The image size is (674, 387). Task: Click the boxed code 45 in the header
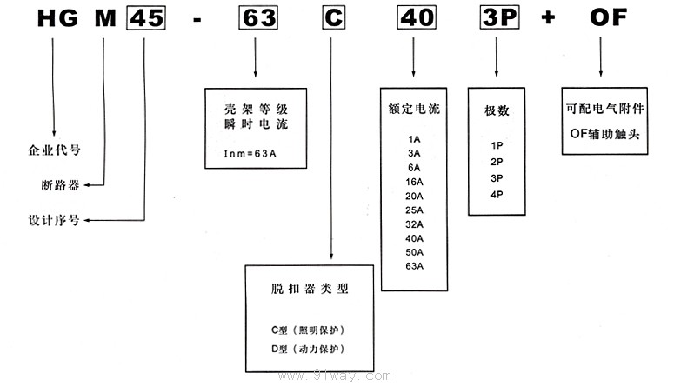click(143, 18)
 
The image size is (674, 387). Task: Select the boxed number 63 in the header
click(255, 18)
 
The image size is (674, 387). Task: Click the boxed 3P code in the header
click(497, 18)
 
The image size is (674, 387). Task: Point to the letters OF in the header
click(607, 17)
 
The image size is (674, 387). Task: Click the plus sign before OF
click(548, 18)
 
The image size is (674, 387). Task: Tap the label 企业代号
click(55, 149)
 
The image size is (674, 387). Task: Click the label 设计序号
click(55, 220)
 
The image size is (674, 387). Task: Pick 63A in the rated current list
click(414, 266)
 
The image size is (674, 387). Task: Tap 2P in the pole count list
click(497, 161)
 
